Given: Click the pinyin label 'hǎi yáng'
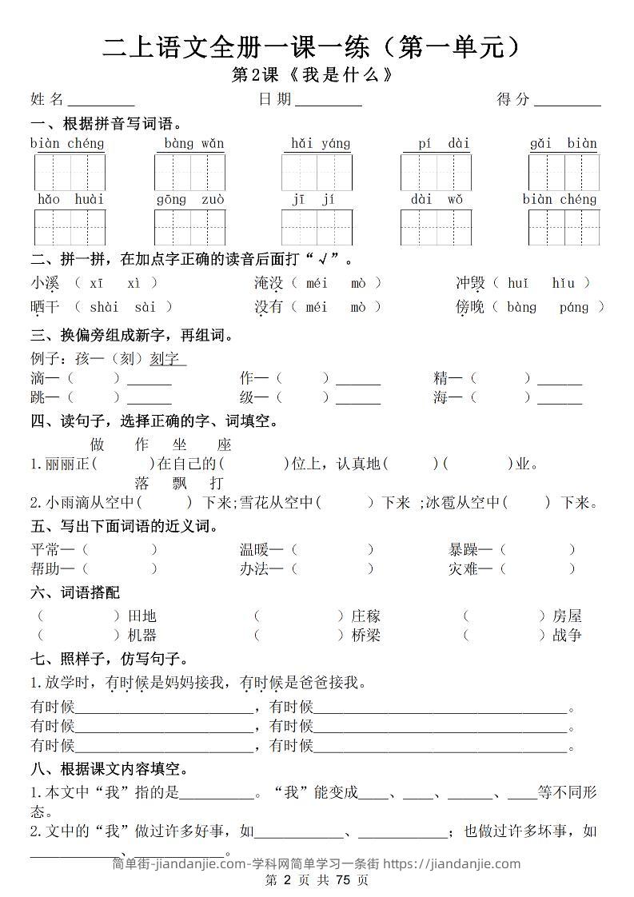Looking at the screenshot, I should point(321,144).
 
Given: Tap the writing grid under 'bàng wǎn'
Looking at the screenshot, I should point(189,172).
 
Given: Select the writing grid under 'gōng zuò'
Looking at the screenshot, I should point(189,227).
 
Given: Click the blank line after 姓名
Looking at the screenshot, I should point(101,101).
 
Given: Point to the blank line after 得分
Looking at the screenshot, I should point(567,101).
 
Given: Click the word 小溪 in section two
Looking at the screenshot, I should point(45,283).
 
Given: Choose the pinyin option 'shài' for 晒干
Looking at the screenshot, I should point(104,307).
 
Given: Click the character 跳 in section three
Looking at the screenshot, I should point(38,397).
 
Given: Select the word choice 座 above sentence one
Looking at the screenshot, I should point(224,445).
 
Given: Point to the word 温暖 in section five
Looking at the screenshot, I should point(255,549).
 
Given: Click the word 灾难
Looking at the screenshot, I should point(464,568).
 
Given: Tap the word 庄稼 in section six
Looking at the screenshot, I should point(366,616).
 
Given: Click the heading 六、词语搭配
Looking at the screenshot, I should point(74,592).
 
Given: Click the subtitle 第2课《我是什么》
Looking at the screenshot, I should point(313,75).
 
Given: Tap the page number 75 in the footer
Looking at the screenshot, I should point(343,880).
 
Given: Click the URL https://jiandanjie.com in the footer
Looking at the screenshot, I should point(452,863).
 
